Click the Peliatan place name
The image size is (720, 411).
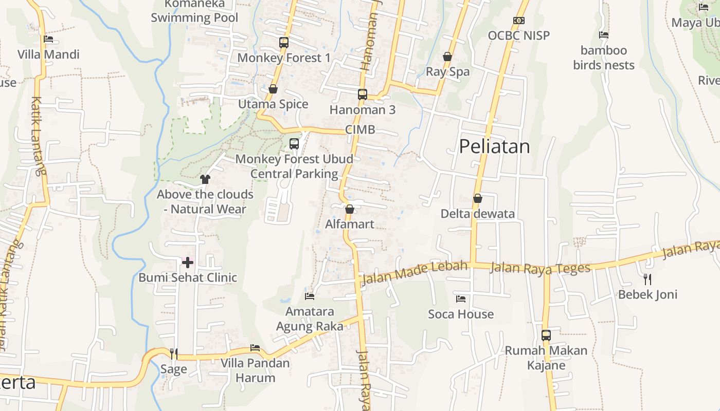494,146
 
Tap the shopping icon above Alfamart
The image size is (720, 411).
350,209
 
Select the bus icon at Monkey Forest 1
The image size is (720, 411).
284,43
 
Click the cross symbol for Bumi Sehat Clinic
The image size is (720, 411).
188,263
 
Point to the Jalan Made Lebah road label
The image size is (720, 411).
415,273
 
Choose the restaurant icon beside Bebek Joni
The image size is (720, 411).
647,279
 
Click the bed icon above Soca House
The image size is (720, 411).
461,298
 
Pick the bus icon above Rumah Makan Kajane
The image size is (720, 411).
546,335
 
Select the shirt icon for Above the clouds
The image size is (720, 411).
205,179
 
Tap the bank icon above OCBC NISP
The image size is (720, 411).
519,21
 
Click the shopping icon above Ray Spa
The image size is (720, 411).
447,57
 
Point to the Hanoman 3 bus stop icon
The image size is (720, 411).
363,95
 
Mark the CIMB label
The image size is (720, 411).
360,129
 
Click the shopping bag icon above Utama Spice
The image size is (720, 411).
273,89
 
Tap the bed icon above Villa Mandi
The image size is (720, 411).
48,39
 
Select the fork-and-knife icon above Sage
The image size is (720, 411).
174,353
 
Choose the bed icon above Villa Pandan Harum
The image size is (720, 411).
255,348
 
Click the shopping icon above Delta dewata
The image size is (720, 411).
478,198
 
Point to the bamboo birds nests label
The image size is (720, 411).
604,58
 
